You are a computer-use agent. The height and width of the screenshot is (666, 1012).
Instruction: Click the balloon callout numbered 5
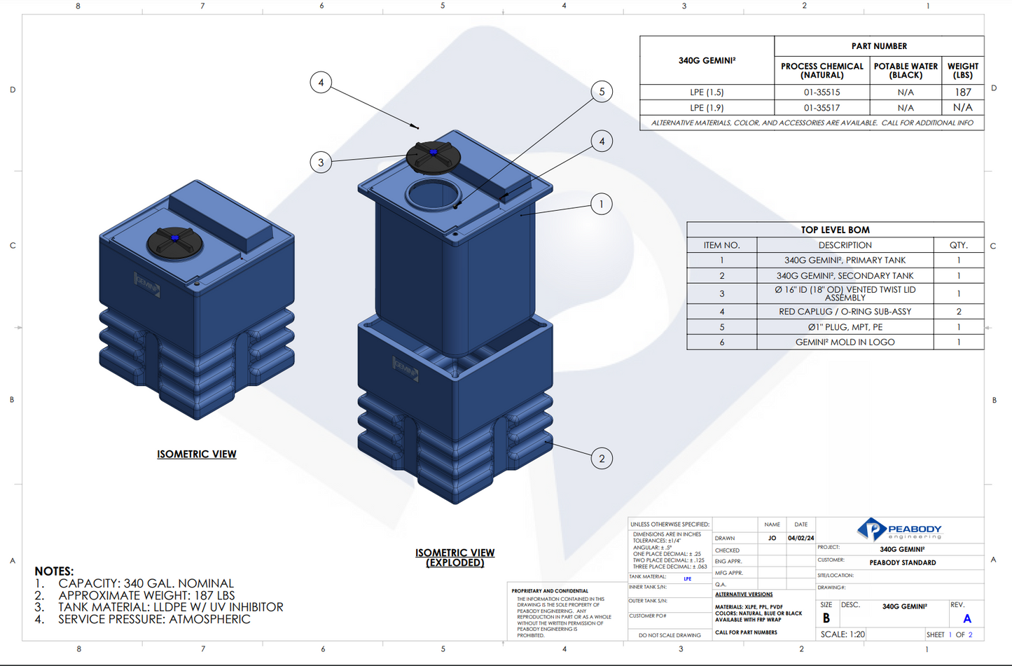(602, 92)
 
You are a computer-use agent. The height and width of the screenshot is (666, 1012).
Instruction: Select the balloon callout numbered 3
(321, 162)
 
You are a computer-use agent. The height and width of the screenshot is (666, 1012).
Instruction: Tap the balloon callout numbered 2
(602, 459)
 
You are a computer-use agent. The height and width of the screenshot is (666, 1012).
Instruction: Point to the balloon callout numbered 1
(601, 204)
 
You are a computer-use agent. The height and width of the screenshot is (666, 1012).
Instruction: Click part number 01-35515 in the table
(822, 92)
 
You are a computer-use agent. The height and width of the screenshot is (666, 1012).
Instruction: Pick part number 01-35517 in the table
(822, 108)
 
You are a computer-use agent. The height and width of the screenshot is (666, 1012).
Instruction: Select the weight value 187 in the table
(962, 92)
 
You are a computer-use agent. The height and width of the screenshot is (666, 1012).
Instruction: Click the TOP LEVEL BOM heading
(835, 230)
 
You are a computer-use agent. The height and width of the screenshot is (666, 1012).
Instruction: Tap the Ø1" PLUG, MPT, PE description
(845, 327)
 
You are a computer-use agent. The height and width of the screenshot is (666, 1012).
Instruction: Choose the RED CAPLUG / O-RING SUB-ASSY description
(845, 312)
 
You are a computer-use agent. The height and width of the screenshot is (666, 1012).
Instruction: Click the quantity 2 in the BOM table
(958, 312)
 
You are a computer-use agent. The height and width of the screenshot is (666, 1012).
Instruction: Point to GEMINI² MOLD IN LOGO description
(845, 342)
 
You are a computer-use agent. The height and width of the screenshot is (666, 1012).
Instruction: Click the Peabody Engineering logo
(899, 529)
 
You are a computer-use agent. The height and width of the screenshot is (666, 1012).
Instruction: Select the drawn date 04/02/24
(800, 539)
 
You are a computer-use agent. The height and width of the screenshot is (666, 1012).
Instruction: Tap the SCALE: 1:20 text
(843, 634)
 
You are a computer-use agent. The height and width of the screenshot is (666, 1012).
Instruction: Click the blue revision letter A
(967, 619)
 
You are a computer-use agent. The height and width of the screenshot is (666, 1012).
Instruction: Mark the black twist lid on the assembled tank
(175, 243)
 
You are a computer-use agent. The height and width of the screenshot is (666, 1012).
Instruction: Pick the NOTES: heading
(54, 571)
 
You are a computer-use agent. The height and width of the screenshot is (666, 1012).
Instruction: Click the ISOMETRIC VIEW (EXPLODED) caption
(455, 557)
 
